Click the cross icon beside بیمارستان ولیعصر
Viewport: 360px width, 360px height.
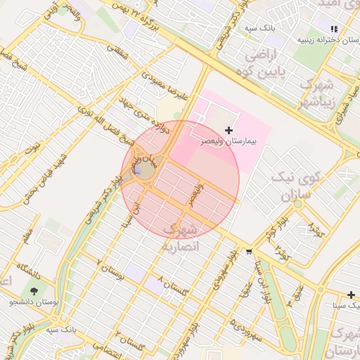(x=229, y=130)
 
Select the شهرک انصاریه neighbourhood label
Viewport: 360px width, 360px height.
(x=181, y=238)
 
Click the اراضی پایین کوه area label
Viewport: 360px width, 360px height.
(x=263, y=63)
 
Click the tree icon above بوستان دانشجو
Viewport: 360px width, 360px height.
(x=33, y=290)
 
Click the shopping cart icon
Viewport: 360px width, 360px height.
(x=249, y=251)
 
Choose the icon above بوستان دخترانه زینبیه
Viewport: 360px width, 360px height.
(x=335, y=29)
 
